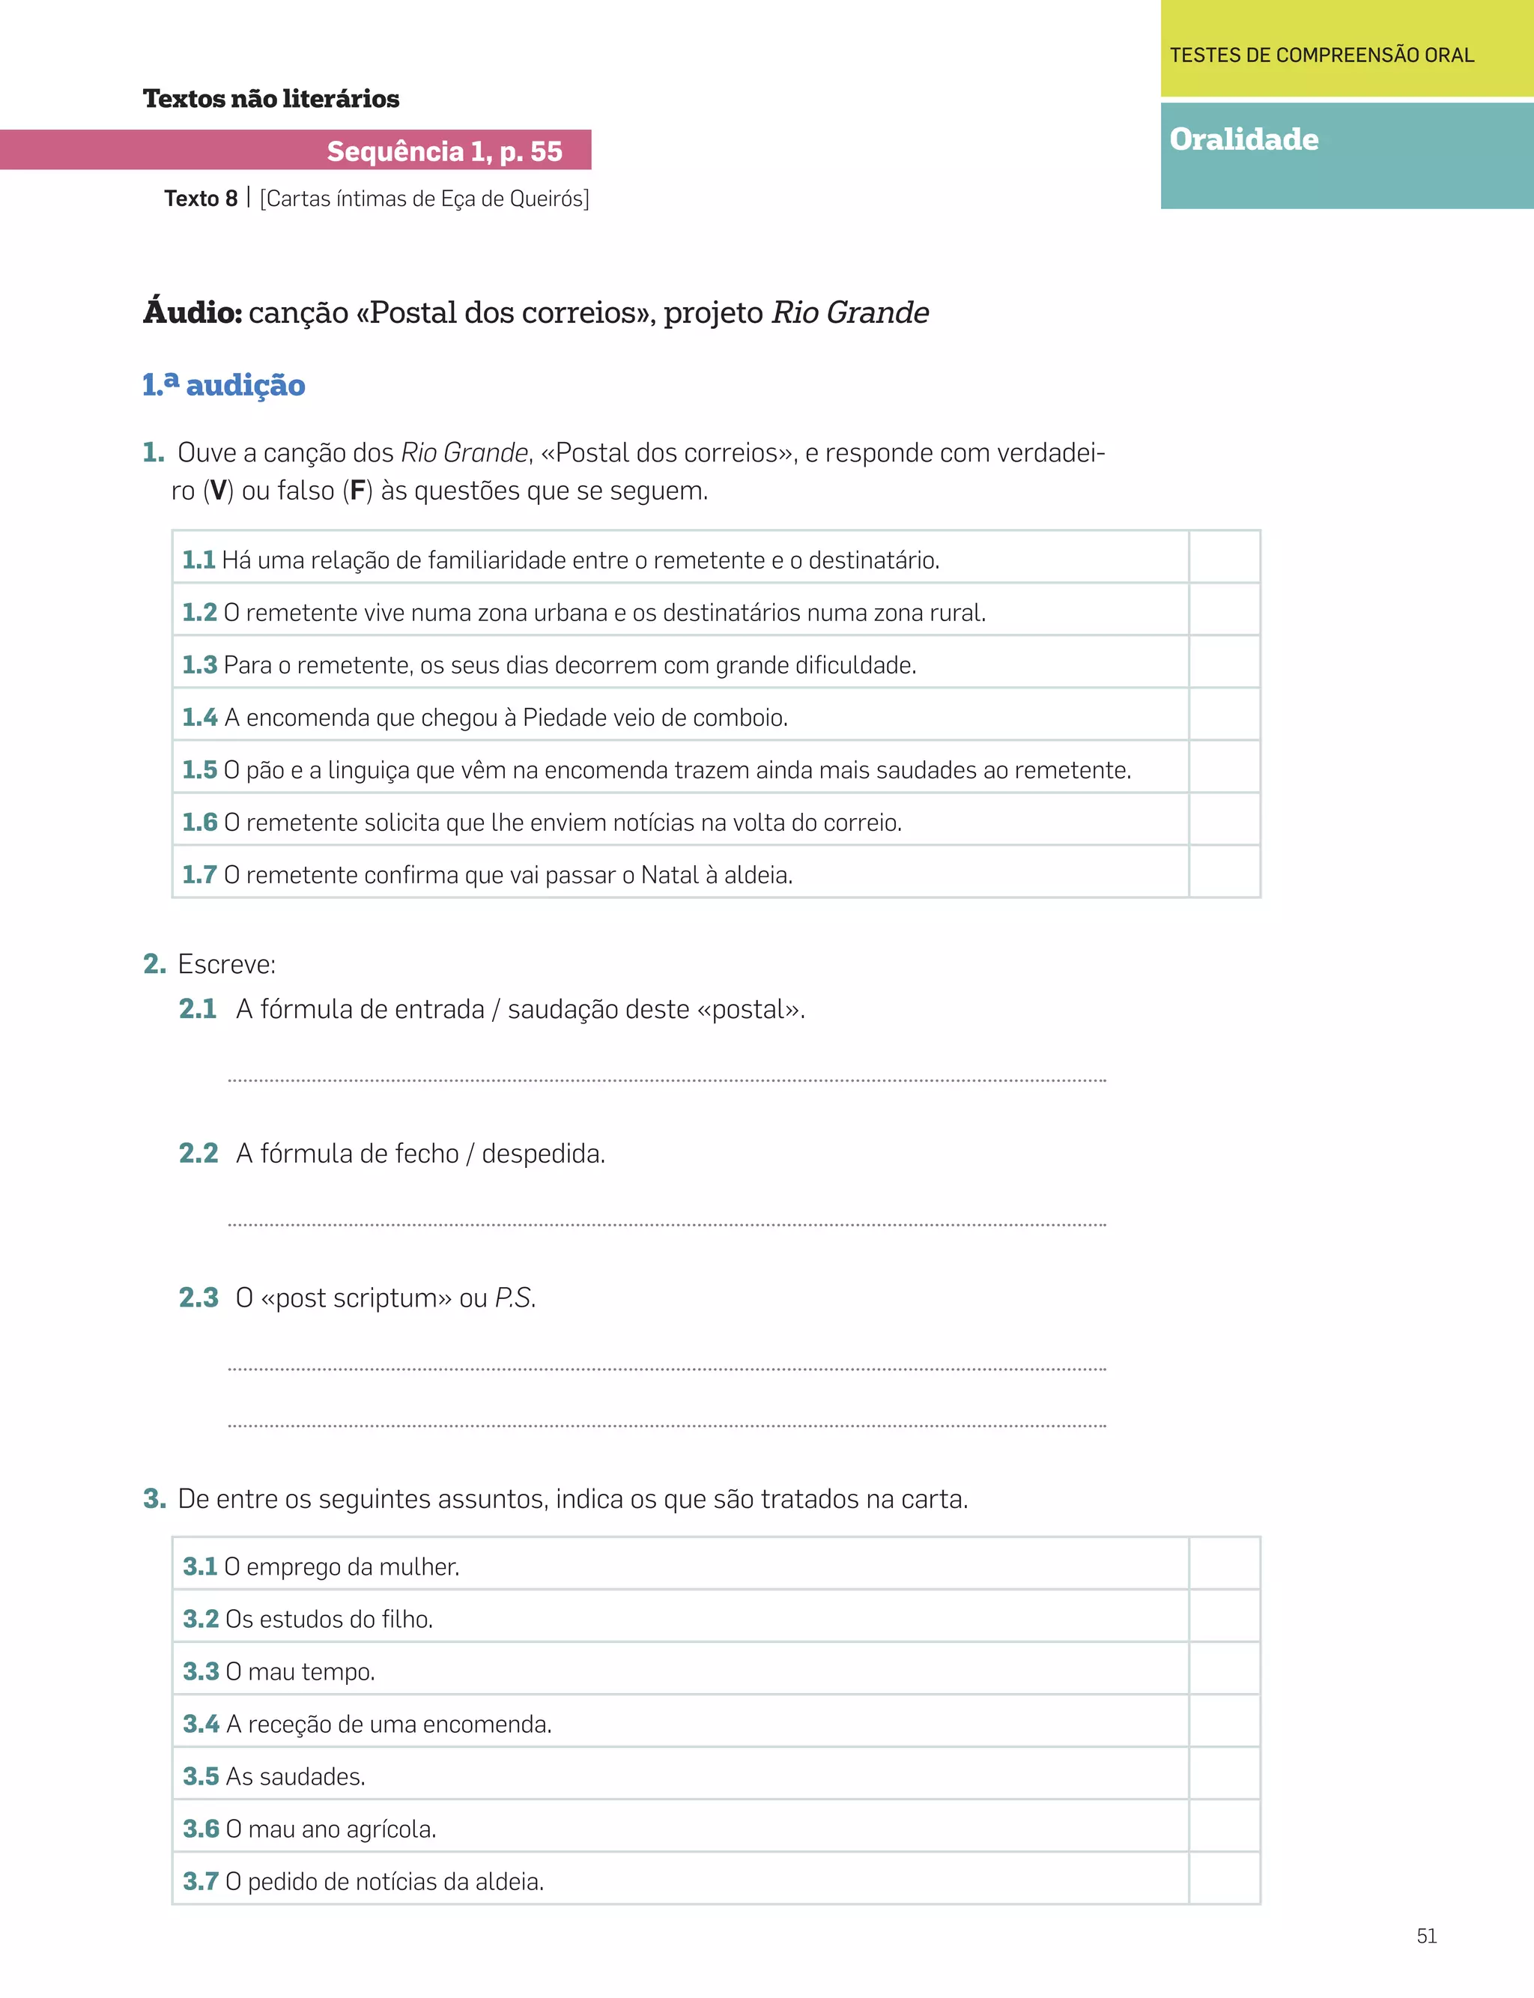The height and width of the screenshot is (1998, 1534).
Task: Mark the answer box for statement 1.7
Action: click(x=1225, y=873)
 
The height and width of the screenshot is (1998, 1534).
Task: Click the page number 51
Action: click(x=1426, y=1936)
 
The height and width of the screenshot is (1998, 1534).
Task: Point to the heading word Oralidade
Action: click(x=1243, y=139)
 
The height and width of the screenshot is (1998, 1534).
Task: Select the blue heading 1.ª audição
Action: click(x=224, y=385)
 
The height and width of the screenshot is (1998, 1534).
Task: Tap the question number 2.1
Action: click(x=197, y=1009)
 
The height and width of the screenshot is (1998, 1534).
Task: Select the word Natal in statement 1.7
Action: click(x=670, y=875)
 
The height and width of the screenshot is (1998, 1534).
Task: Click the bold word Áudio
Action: click(x=192, y=312)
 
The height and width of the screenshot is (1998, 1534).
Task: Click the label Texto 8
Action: click(x=201, y=199)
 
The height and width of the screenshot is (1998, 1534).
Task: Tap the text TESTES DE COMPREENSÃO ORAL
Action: click(x=1321, y=55)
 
